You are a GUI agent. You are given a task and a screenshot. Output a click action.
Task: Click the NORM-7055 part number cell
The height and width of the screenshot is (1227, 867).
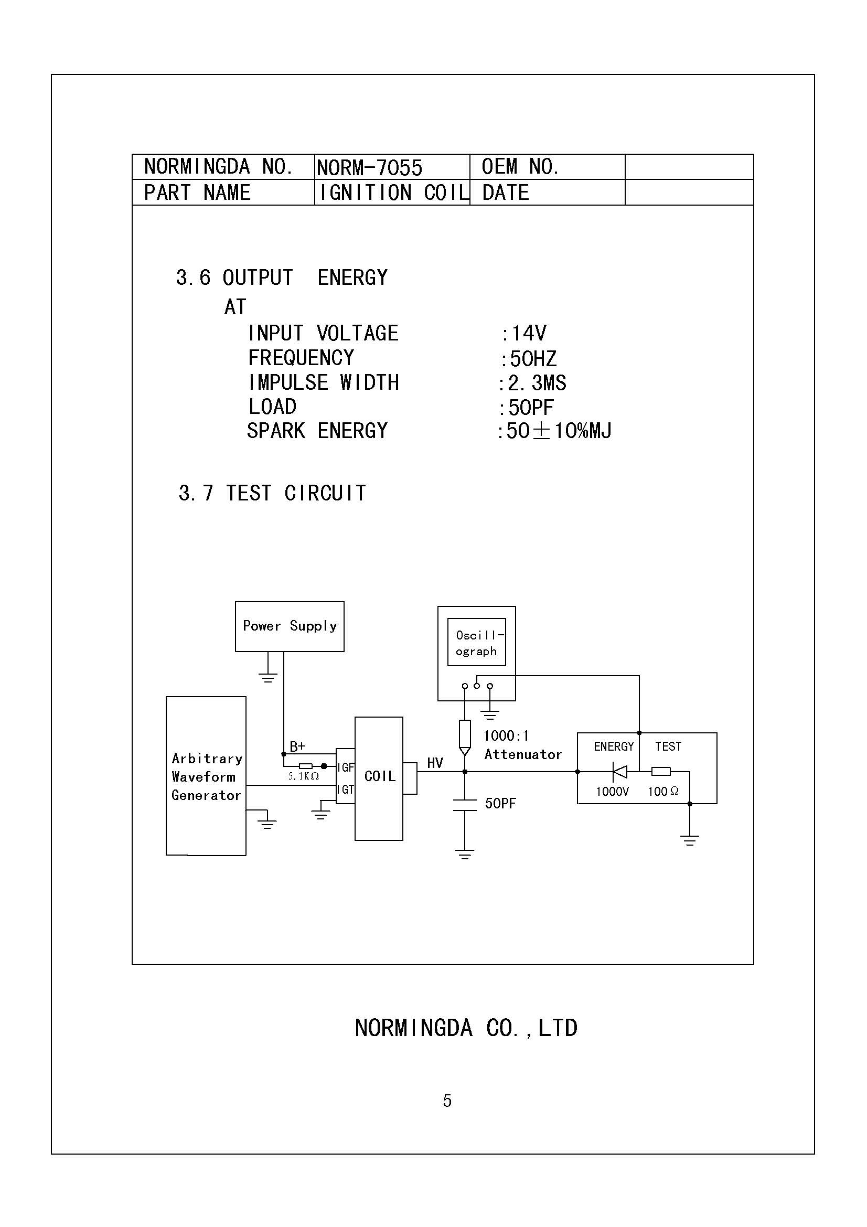[x=369, y=168]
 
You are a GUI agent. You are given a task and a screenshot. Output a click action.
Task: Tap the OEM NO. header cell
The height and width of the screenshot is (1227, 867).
[x=520, y=167]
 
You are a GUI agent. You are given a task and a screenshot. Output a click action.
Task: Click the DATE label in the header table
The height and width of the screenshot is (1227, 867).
[x=505, y=193]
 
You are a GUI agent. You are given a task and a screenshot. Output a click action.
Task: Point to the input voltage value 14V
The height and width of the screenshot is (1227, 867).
[x=528, y=333]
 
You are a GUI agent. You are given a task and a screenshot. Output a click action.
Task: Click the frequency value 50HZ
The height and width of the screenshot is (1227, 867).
[x=532, y=359]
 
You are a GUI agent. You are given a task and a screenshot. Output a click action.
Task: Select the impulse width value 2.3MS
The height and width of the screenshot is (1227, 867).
[x=537, y=382]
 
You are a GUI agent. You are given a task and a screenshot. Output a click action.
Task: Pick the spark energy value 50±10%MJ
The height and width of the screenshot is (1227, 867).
[x=558, y=431]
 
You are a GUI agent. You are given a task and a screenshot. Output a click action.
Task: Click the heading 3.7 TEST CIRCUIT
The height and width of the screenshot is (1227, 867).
[x=272, y=493]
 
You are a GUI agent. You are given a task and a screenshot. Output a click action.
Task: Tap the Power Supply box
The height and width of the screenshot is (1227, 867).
[x=290, y=626]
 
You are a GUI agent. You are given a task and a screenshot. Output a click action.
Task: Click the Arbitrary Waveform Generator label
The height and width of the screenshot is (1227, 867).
[x=207, y=776]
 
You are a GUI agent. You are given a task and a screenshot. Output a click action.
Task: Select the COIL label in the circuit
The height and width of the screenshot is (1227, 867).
[x=380, y=776]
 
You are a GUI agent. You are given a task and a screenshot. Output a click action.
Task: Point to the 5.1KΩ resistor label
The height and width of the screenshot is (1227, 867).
[x=303, y=776]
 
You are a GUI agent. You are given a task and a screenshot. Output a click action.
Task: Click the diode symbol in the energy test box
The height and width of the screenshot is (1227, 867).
[x=619, y=772]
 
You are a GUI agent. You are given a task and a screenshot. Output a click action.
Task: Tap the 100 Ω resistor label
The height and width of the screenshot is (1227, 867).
[x=663, y=792]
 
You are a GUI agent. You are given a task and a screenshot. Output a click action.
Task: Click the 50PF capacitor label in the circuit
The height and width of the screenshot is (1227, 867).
[x=500, y=804]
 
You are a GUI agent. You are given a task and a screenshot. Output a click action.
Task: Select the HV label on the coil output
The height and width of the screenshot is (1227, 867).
[x=435, y=763]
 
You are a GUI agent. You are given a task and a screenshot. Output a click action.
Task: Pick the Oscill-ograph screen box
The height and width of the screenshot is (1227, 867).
[x=476, y=643]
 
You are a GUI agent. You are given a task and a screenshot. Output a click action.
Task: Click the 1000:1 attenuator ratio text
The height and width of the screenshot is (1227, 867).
[x=506, y=736]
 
